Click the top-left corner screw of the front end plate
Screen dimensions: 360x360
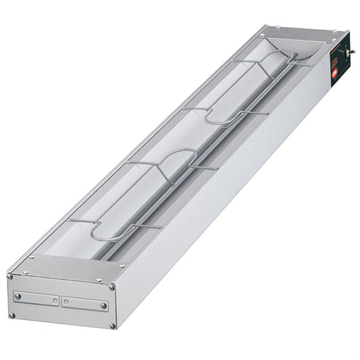pyautogui.click(x=10, y=276)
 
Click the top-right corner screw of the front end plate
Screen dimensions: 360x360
pyautogui.click(x=112, y=287)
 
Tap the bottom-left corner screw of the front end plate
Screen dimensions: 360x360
pyautogui.click(x=11, y=315)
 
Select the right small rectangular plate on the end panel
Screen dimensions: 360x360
pyautogui.click(x=84, y=303)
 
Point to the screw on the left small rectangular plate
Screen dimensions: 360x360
pyautogui.click(x=18, y=296)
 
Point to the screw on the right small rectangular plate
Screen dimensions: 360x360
pyautogui.click(x=103, y=306)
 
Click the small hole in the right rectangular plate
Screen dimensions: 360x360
pyautogui.click(x=66, y=302)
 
